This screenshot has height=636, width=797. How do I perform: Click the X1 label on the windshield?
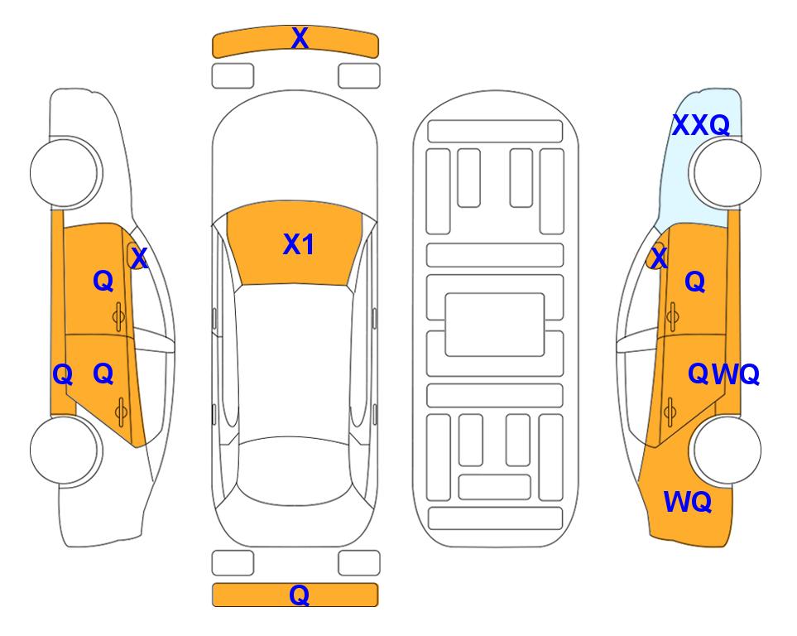tap(299, 244)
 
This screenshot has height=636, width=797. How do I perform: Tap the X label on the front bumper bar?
tap(300, 38)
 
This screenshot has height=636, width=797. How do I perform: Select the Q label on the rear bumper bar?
tap(300, 595)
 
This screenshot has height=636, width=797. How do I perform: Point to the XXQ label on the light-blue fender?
tap(701, 125)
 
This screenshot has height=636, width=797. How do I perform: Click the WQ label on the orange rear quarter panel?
tap(688, 502)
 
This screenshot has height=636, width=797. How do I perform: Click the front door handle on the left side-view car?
tap(119, 316)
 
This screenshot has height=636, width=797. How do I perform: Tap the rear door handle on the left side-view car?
tap(121, 412)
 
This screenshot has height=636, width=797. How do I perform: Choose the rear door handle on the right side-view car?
tap(670, 412)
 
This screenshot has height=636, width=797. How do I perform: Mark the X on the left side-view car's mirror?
tap(139, 258)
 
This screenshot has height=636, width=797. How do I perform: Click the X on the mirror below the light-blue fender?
tap(659, 258)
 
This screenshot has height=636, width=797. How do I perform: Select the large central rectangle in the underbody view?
tap(495, 325)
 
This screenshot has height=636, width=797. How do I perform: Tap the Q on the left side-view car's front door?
tap(103, 281)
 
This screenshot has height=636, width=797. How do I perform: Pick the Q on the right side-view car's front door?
tap(695, 282)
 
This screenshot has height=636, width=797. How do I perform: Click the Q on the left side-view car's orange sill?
tap(63, 375)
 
